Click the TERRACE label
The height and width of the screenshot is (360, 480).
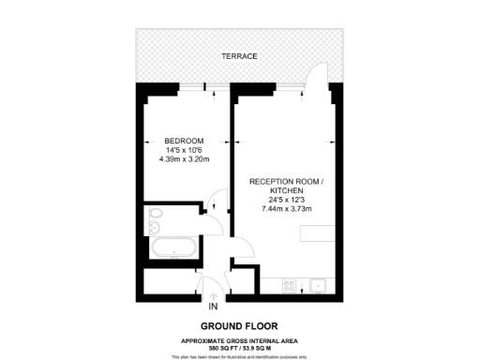pyautogui.click(x=239, y=56)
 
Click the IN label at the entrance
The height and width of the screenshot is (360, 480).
pyautogui.click(x=213, y=306)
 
